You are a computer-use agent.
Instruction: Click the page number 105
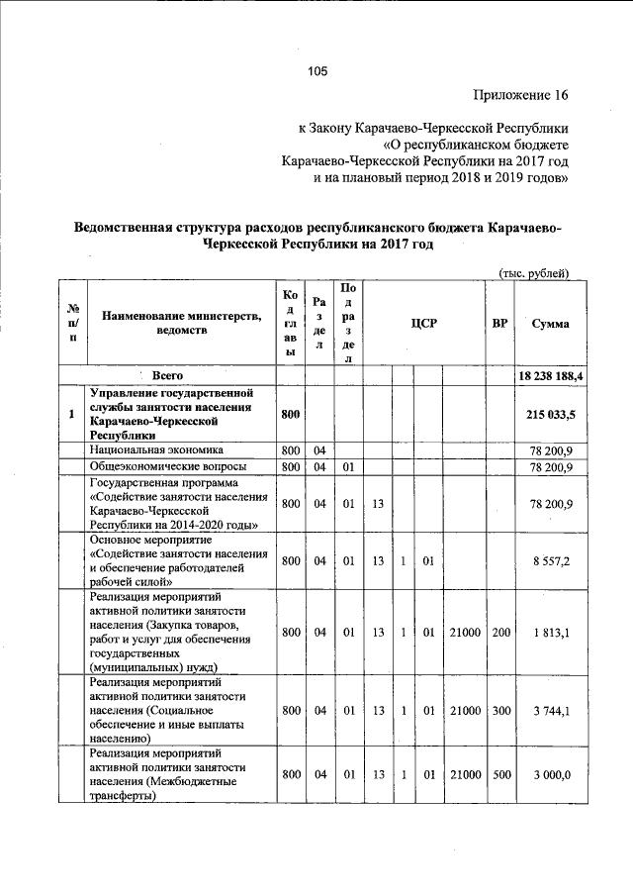click(317, 70)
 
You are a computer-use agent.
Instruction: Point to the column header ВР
click(499, 324)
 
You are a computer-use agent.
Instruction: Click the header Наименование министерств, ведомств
click(181, 323)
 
